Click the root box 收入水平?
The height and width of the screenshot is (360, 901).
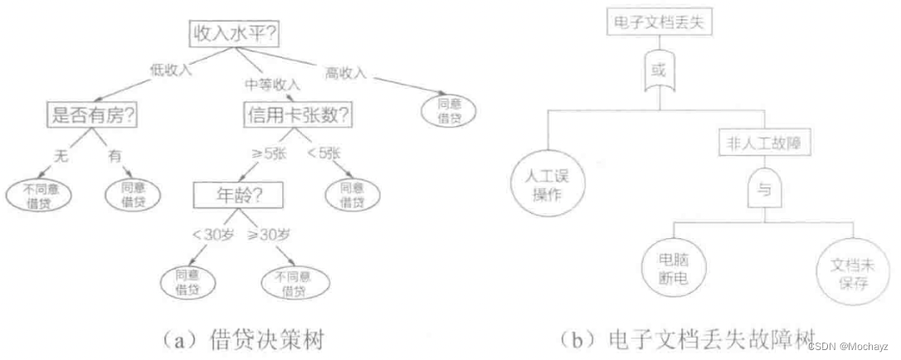(x=236, y=35)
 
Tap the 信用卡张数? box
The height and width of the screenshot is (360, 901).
(x=298, y=115)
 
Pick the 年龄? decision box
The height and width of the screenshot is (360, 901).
(x=238, y=197)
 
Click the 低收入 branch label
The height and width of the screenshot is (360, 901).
(x=171, y=69)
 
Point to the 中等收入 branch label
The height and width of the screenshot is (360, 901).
(x=273, y=84)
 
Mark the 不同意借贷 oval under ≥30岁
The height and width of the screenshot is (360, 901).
(x=294, y=285)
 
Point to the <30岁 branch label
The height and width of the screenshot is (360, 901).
(x=213, y=235)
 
